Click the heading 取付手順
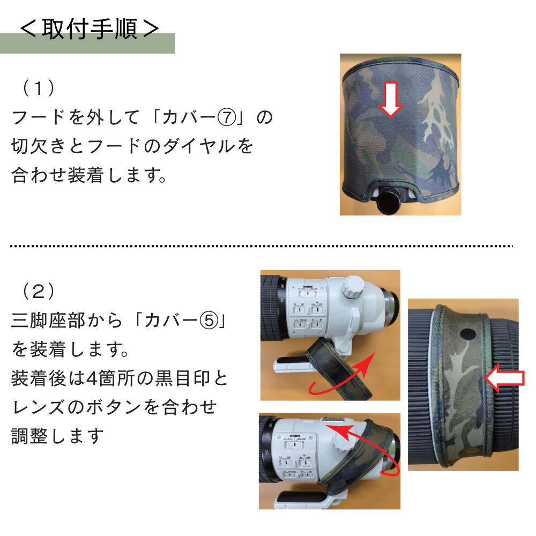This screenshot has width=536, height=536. click(x=90, y=29)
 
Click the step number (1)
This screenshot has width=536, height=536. click(x=38, y=88)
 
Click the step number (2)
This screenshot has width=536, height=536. click(x=38, y=291)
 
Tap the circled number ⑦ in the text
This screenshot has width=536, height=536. click(x=227, y=117)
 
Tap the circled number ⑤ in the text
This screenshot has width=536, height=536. click(x=209, y=321)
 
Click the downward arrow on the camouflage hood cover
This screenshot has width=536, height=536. click(x=390, y=100)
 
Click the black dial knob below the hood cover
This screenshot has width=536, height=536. click(x=390, y=203)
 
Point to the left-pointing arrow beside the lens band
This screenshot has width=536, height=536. click(x=504, y=378)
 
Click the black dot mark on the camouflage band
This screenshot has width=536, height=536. click(x=467, y=334)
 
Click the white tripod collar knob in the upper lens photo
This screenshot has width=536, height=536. click(x=354, y=286)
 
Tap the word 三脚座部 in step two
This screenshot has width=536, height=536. click(x=48, y=321)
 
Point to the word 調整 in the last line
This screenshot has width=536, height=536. click(x=29, y=436)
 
